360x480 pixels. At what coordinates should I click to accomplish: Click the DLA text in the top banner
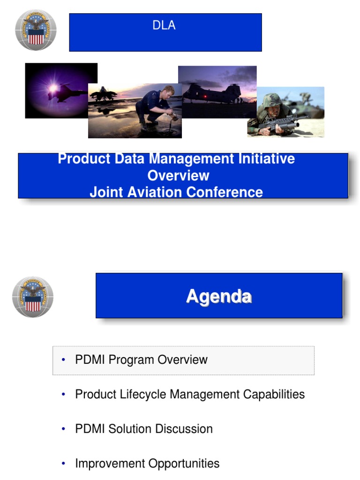point(164,25)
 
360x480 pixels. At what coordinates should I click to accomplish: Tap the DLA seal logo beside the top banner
point(36,30)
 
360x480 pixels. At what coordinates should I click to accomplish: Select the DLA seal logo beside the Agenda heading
point(32,297)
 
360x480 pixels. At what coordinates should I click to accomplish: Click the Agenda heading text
point(219,296)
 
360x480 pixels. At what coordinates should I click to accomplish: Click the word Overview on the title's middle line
point(178,175)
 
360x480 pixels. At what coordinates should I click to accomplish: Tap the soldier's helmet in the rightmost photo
point(272,100)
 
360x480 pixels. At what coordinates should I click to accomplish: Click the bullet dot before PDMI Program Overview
point(63,360)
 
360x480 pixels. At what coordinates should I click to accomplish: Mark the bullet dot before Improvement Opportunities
point(63,464)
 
